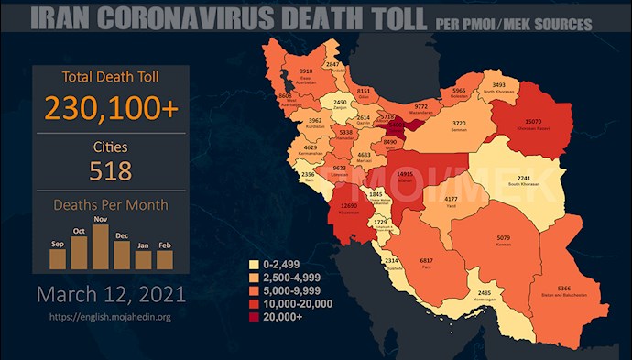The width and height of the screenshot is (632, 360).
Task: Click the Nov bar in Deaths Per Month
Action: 101,247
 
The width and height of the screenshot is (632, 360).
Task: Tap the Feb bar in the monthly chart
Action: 165,260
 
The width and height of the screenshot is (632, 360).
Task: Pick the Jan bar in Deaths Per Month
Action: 143,260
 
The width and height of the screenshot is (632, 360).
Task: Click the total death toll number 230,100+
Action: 111,109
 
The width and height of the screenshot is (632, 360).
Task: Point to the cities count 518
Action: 111,170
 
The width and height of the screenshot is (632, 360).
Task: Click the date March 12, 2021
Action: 111,295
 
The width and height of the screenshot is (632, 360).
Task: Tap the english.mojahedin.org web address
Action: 111,317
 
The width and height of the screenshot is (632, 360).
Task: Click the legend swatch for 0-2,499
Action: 256,264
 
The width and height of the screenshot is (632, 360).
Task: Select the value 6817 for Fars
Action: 424,261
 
